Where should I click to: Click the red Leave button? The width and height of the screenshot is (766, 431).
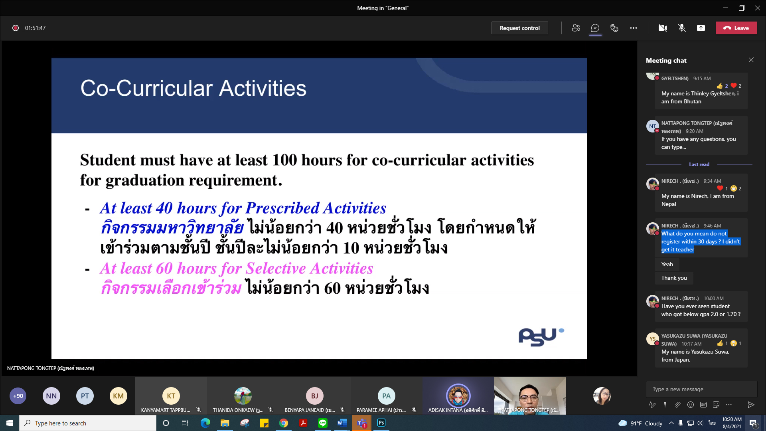(736, 28)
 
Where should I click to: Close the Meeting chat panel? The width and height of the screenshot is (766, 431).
(751, 60)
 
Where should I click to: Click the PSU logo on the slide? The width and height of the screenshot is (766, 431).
(541, 337)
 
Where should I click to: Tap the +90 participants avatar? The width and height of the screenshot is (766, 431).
(18, 396)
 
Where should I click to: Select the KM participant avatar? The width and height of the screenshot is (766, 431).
(118, 396)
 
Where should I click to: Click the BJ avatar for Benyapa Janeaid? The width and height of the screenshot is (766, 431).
(314, 396)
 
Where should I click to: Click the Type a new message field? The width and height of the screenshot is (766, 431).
(701, 389)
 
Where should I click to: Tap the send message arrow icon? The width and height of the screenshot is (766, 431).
(751, 405)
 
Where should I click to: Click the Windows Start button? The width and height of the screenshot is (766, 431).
(10, 423)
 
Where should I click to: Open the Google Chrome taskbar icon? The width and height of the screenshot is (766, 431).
(284, 423)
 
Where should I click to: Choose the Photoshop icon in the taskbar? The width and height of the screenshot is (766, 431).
(381, 423)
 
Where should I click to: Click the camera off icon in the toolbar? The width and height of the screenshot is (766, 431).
(663, 28)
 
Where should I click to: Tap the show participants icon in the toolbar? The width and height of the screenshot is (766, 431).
(576, 28)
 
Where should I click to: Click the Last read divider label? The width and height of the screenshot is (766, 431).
(699, 164)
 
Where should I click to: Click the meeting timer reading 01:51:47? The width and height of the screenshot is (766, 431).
(35, 28)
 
